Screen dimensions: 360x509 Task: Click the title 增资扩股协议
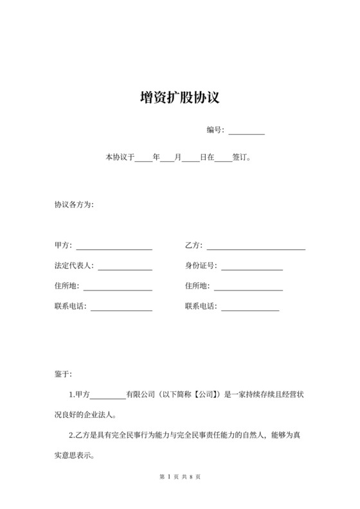tap(180, 98)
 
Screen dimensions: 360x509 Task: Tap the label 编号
tap(214, 130)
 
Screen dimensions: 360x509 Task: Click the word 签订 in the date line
tap(239, 157)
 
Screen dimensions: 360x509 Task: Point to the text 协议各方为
tap(74, 205)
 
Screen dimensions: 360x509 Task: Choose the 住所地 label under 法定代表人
tap(67, 287)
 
